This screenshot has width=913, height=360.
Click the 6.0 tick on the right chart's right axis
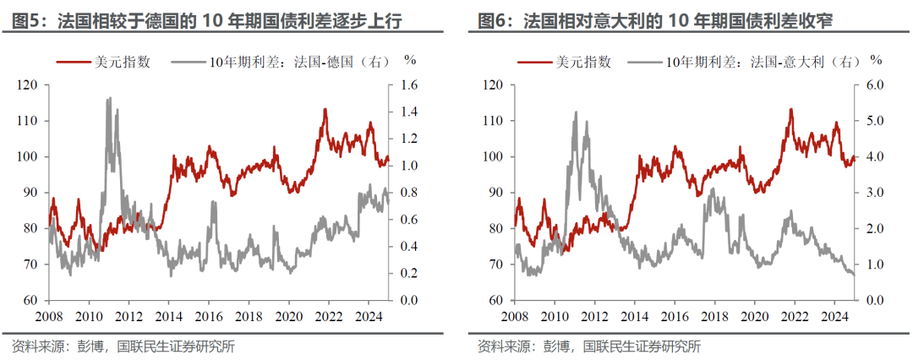pos(873,85)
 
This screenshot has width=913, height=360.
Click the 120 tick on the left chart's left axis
pos(27,85)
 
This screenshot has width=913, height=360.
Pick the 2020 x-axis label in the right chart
pos(755,318)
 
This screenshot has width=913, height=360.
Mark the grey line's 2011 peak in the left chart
pos(108,98)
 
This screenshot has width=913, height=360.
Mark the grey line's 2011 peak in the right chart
pos(575,112)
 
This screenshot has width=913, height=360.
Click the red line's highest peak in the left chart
pos(325,109)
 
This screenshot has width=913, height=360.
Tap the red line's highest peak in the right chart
pos(790,109)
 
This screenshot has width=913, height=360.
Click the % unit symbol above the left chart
pos(411,60)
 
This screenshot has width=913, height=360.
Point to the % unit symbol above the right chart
pos(876,60)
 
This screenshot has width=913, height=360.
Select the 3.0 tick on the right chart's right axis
pos(873,193)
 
